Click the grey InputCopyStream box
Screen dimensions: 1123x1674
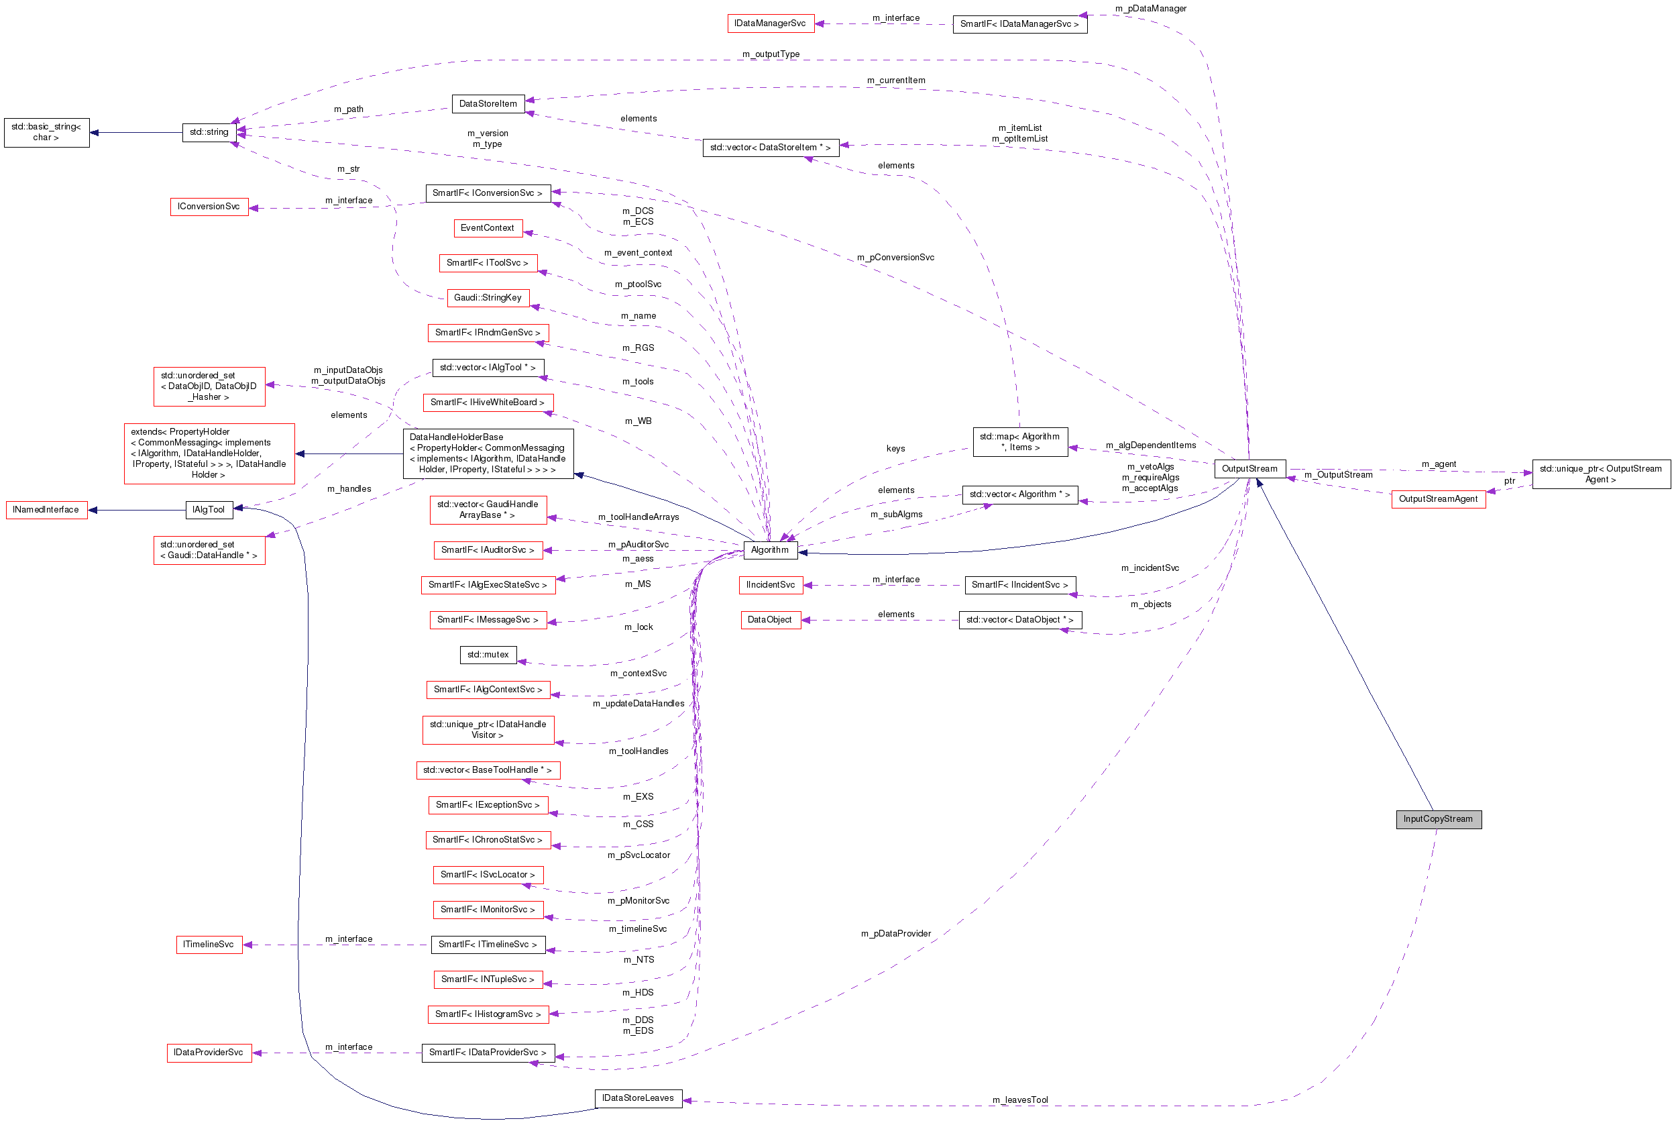[1437, 818]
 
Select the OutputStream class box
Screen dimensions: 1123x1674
[1249, 468]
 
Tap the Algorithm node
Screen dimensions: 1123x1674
[770, 549]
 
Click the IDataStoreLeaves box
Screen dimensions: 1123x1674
[637, 1098]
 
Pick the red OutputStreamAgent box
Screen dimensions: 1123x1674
[1437, 498]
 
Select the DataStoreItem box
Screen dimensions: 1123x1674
[488, 103]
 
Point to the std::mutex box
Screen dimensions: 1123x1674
[488, 654]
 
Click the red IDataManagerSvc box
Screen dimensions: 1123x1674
[770, 23]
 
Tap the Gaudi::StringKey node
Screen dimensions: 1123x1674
[488, 297]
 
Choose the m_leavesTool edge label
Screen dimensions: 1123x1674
[1019, 1100]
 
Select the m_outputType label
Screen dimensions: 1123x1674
[771, 54]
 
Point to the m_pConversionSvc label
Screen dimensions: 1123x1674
[895, 257]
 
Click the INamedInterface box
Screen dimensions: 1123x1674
[46, 509]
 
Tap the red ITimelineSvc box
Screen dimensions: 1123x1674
[209, 944]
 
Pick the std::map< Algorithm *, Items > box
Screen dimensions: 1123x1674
[1019, 441]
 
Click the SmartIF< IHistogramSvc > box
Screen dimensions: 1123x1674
[488, 1014]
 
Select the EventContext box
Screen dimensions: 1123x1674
[488, 227]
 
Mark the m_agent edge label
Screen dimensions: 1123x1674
[1439, 464]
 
